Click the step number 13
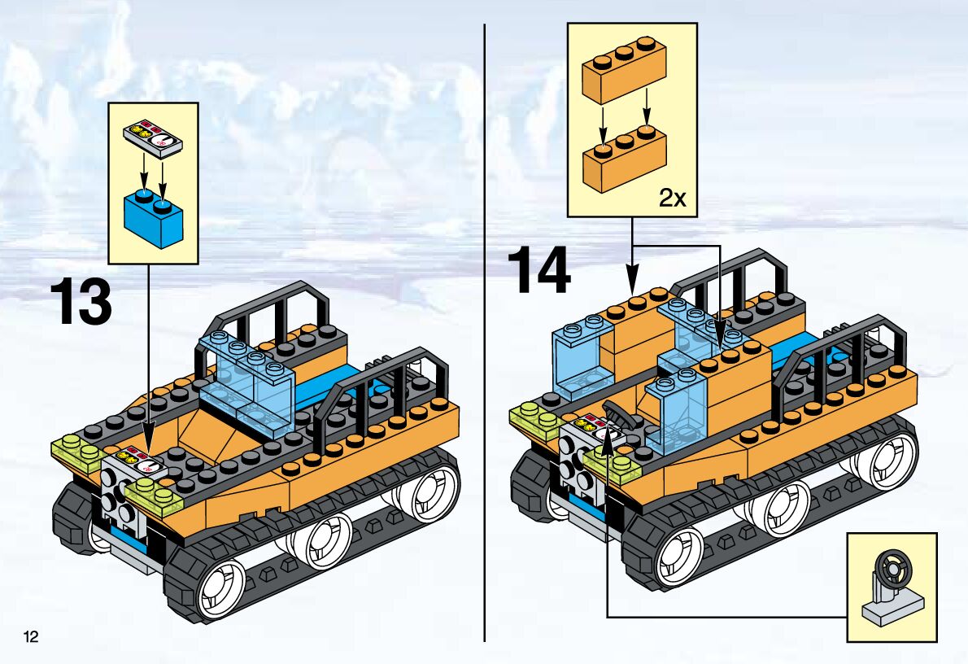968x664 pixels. (x=81, y=301)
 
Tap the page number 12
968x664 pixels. (x=31, y=636)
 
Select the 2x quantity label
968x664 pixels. (x=672, y=199)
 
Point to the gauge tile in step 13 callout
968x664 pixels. (x=153, y=138)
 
